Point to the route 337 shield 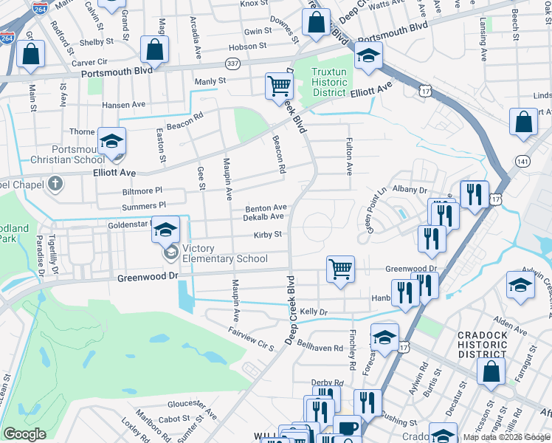point(232,64)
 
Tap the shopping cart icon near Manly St point(279,86)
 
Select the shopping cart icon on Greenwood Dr point(340,269)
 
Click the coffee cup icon point(347,428)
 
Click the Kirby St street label point(268,235)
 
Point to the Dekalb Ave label point(266,217)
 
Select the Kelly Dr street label point(313,312)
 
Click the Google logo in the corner point(25,434)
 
